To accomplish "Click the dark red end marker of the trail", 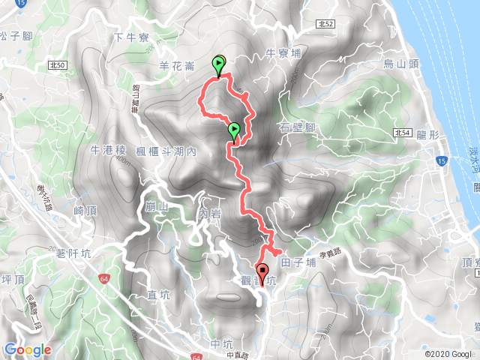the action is (262, 271).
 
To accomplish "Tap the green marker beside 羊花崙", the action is (219, 64).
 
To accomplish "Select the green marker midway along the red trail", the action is (234, 130).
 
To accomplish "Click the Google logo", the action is (28, 349).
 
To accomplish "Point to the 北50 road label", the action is (57, 66).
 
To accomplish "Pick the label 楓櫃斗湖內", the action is (166, 151).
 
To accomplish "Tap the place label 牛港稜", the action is (106, 151).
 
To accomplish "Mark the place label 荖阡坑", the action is (73, 254).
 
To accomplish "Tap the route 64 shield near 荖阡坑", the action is (103, 279).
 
